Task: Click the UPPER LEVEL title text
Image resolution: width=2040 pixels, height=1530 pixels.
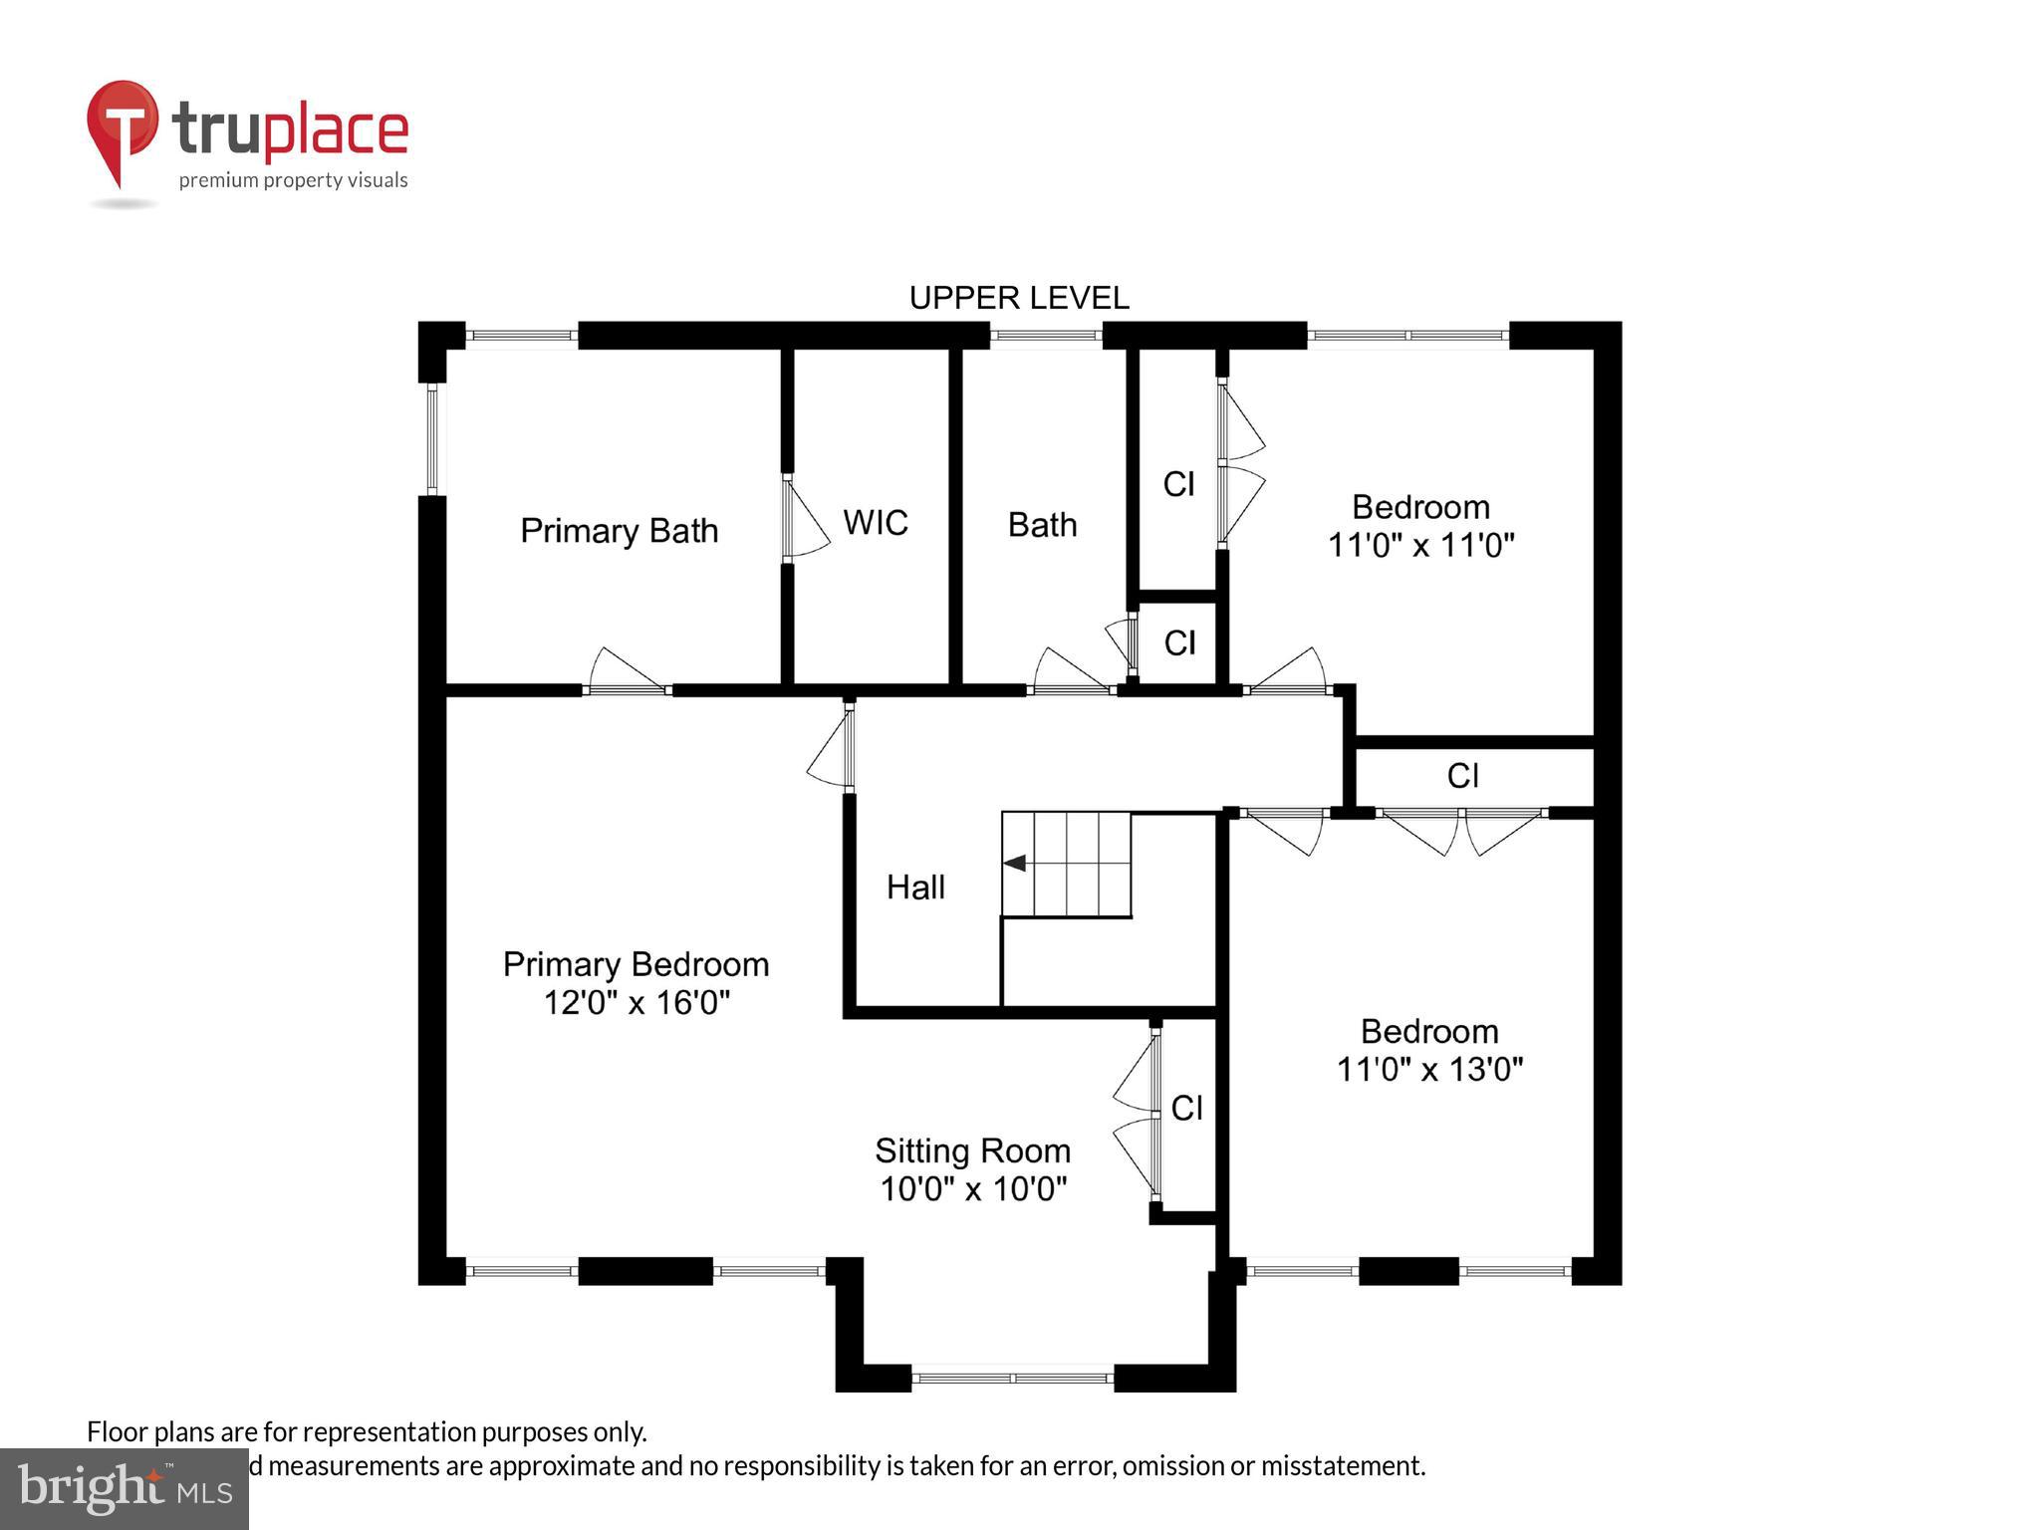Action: coord(1018,298)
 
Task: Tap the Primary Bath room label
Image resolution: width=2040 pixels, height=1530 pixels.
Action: coord(619,530)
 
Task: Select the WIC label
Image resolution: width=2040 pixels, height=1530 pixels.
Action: coord(875,523)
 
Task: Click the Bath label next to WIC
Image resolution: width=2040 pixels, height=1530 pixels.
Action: coord(1042,525)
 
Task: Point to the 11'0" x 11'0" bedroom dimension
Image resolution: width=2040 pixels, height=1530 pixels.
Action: coord(1420,546)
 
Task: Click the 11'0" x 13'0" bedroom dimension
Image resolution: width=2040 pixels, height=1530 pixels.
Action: coord(1428,1070)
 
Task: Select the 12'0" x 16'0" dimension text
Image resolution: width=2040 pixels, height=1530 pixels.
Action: coord(637,1002)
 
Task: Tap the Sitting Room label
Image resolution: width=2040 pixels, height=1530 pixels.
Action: coord(972,1150)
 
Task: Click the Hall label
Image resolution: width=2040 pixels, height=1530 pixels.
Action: coord(915,888)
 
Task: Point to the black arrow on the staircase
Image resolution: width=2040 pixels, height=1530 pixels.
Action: coord(1015,863)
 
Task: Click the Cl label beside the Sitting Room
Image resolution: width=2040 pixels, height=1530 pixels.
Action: coord(1186,1108)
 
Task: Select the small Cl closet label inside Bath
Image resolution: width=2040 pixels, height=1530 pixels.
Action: coord(1179,643)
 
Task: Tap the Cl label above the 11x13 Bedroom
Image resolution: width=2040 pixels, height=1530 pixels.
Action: coord(1462,776)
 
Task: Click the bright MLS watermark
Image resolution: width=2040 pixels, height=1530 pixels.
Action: coord(124,1488)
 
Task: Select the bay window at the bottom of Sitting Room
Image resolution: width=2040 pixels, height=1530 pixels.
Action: coord(1012,1378)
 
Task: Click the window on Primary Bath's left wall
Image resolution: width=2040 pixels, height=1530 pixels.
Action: coord(432,439)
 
